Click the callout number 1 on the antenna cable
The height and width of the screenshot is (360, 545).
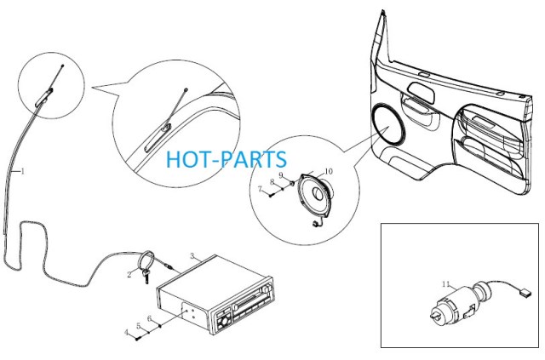23,171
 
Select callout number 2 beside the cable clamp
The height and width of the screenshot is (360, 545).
129,275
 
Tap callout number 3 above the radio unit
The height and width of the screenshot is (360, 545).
192,256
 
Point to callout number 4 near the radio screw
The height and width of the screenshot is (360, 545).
127,333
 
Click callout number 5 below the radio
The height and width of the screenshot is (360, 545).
139,326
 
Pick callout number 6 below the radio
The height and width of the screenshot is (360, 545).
150,318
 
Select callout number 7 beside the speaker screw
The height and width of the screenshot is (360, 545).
260,189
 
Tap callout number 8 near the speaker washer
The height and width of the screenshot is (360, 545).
272,182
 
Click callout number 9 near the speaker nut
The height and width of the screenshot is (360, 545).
281,174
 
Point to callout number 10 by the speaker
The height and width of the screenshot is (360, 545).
329,171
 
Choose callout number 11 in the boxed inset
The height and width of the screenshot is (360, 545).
446,284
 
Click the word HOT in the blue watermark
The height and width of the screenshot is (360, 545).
188,159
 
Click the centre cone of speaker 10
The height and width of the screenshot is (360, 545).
317,193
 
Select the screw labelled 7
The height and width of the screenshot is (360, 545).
272,195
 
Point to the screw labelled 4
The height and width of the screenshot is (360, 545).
138,338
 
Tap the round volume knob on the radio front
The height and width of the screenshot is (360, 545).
223,322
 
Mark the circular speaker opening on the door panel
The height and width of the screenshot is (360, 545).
388,124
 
